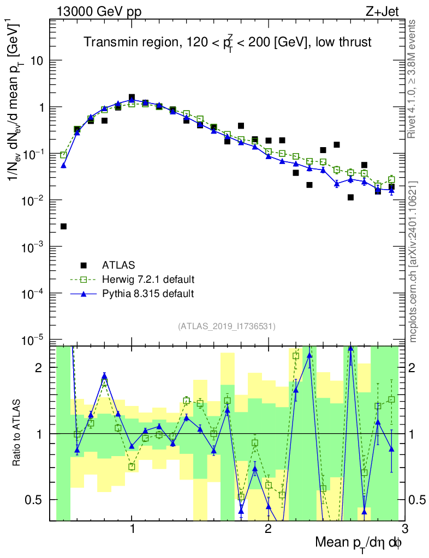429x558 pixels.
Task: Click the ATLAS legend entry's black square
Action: pyautogui.click(x=84, y=265)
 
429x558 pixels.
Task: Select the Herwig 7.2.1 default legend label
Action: pyautogui.click(x=148, y=280)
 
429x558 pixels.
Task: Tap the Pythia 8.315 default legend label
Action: pyautogui.click(x=148, y=294)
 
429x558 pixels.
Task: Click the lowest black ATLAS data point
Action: pyautogui.click(x=63, y=226)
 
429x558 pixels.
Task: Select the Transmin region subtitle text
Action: pyautogui.click(x=227, y=43)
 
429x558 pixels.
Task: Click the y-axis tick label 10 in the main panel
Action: pyautogui.click(x=37, y=60)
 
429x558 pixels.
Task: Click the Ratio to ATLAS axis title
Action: pyautogui.click(x=17, y=433)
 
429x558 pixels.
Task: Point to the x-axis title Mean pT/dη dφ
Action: pyautogui.click(x=359, y=543)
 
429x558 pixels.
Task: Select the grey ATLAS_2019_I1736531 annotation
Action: pyautogui.click(x=227, y=326)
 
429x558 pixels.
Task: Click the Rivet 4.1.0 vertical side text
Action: pyautogui.click(x=413, y=79)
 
